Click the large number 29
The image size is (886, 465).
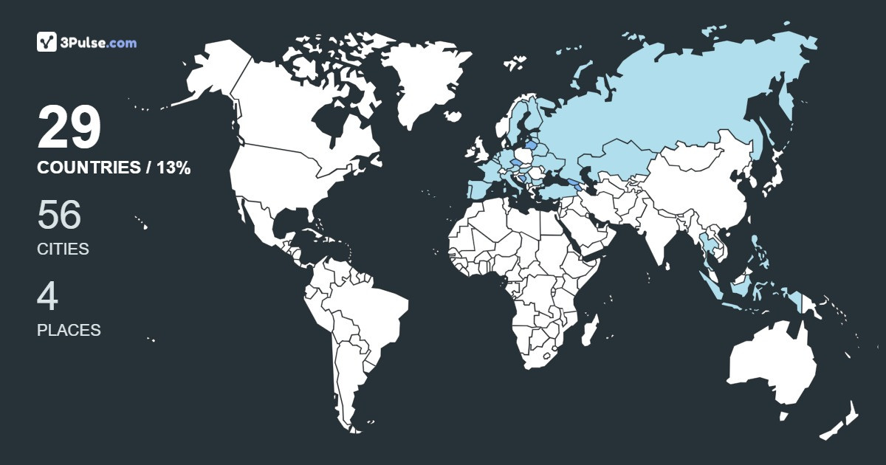pos(69,128)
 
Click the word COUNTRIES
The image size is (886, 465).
pos(88,168)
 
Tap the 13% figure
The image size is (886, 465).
pos(174,168)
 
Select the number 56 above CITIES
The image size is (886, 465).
pos(59,215)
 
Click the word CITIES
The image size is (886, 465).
pos(63,249)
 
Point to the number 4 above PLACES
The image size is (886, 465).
pos(47,296)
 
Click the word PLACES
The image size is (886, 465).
pos(69,330)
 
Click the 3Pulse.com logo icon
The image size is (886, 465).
pos(47,42)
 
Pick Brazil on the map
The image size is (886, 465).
pos(369,310)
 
